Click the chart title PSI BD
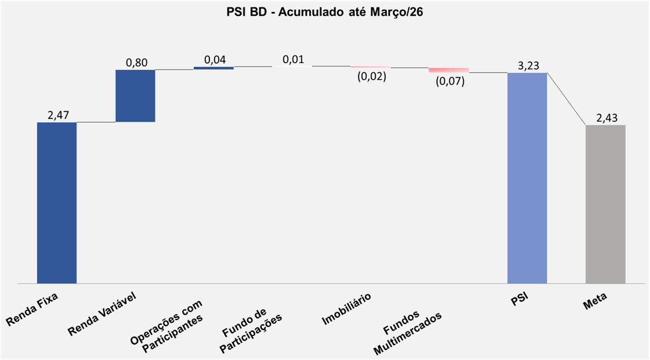pyautogui.click(x=324, y=12)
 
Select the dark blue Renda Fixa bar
pyautogui.click(x=56, y=203)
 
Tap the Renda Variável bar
pyautogui.click(x=135, y=96)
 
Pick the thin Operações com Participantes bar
pyautogui.click(x=213, y=68)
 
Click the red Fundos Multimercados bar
pyautogui.click(x=449, y=70)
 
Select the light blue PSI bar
pyautogui.click(x=527, y=178)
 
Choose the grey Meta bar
pyautogui.click(x=605, y=204)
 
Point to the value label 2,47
pyautogui.click(x=57, y=116)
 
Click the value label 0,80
pyautogui.click(x=136, y=63)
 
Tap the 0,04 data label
pyautogui.click(x=215, y=60)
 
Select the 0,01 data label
pyautogui.click(x=293, y=60)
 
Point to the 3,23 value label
pyautogui.click(x=528, y=65)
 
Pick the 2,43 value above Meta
pyautogui.click(x=607, y=118)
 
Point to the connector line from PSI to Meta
pyautogui.click(x=566, y=99)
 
